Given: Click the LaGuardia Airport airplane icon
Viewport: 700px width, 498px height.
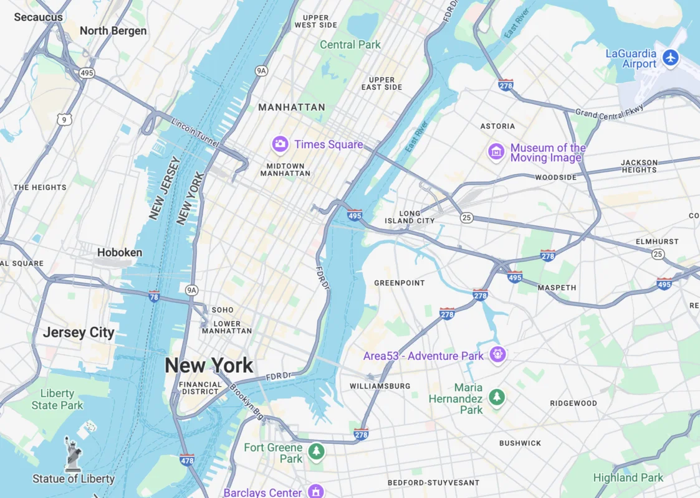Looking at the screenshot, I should pyautogui.click(x=671, y=58).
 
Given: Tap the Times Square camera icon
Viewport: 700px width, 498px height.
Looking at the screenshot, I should pyautogui.click(x=280, y=144).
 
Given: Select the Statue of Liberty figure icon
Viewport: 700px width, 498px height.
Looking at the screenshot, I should pyautogui.click(x=73, y=454).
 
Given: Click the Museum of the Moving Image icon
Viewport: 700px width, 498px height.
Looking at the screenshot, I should pyautogui.click(x=496, y=151).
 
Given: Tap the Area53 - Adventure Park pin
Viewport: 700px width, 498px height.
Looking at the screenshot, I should pyautogui.click(x=497, y=355).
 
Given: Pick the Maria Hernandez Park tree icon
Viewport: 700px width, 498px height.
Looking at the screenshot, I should pyautogui.click(x=497, y=397).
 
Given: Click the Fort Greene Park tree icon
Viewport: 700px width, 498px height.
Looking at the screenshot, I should pyautogui.click(x=317, y=451).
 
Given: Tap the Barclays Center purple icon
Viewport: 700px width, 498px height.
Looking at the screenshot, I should pyautogui.click(x=316, y=492).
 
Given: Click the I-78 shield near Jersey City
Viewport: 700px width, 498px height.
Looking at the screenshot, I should pyautogui.click(x=154, y=297).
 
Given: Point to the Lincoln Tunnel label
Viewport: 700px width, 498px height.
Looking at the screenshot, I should pyautogui.click(x=195, y=133).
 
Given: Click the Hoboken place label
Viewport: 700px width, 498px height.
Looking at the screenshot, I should pyautogui.click(x=120, y=253).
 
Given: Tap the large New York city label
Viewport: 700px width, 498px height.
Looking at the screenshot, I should pyautogui.click(x=209, y=365).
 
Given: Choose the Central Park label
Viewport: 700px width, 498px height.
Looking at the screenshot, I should pyautogui.click(x=350, y=45).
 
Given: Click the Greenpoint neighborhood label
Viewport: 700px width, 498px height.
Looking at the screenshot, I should pyautogui.click(x=399, y=283).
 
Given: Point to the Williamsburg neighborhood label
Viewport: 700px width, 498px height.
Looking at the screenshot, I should pyautogui.click(x=380, y=387).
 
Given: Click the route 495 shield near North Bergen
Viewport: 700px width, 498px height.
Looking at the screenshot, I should pyautogui.click(x=87, y=73).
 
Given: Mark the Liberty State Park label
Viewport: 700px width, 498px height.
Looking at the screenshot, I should pyautogui.click(x=57, y=400).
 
